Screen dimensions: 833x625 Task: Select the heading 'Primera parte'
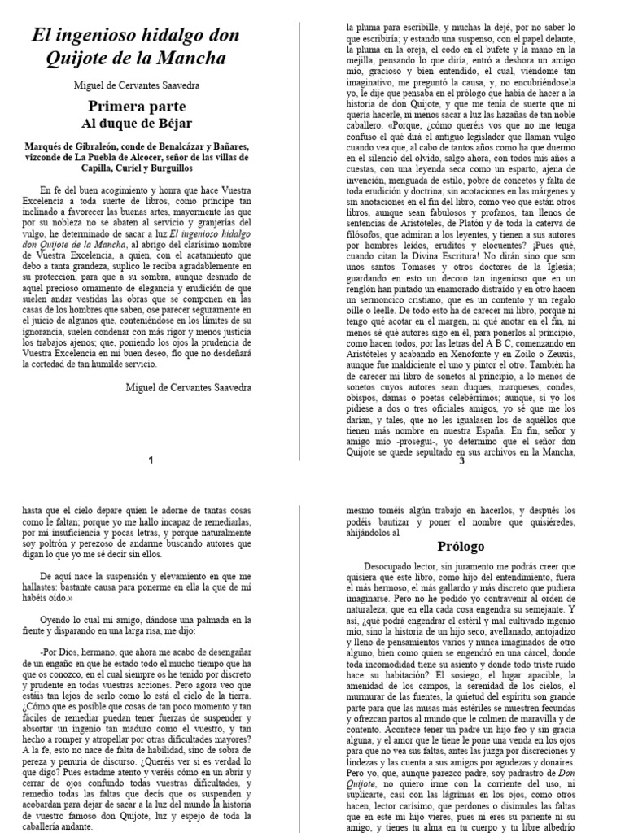[x=137, y=107]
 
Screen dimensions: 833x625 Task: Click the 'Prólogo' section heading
[x=461, y=546]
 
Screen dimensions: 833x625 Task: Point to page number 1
[x=151, y=460]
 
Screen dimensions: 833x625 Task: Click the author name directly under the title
[x=137, y=85]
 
